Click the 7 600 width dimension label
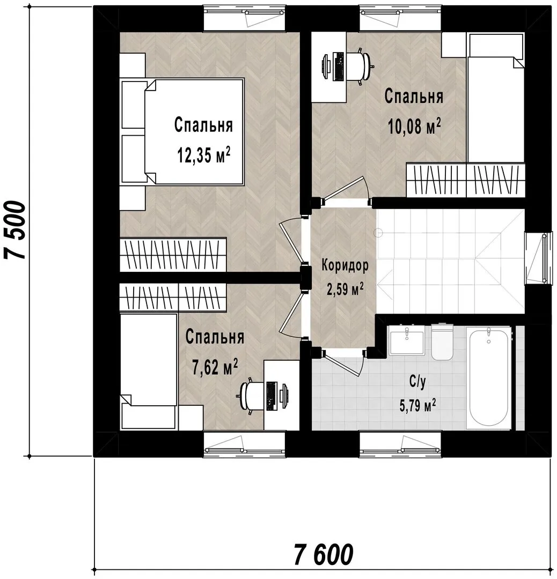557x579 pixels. point(324,554)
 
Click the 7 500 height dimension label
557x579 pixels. point(15,230)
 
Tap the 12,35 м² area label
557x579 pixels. point(204,155)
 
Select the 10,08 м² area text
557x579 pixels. point(414,127)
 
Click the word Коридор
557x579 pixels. point(345,265)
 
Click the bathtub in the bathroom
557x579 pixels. point(489,378)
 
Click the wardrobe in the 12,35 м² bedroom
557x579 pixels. point(173,255)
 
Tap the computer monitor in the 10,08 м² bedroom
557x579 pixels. point(326,66)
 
